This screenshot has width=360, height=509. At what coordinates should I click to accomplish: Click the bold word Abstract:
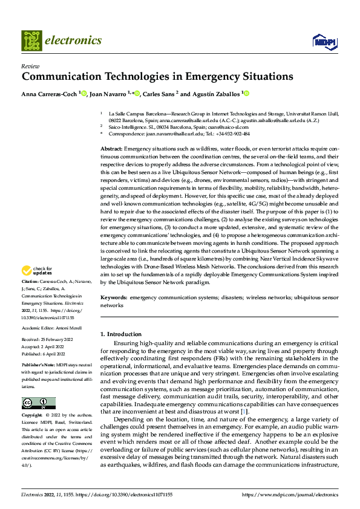click(x=111, y=148)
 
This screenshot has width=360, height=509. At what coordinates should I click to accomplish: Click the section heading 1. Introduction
click(x=121, y=334)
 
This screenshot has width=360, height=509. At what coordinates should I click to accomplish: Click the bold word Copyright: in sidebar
click(x=32, y=399)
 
